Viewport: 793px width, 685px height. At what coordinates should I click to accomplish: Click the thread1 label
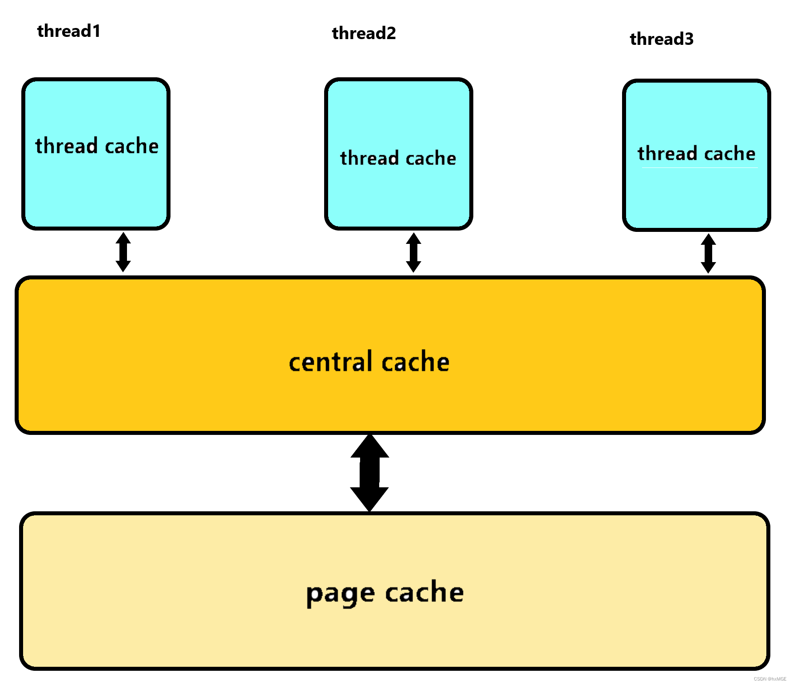click(x=69, y=31)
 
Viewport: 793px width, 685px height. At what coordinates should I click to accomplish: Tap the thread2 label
click(x=364, y=33)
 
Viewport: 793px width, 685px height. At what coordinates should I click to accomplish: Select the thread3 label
click(x=662, y=39)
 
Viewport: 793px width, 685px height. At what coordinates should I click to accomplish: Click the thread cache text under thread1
click(x=97, y=146)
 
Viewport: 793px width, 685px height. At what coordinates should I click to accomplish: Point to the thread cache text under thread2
click(x=398, y=158)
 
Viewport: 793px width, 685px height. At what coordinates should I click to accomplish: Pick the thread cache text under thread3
click(x=697, y=153)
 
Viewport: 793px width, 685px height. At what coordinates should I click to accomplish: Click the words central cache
click(x=369, y=361)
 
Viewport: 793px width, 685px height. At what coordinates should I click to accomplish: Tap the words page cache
click(x=385, y=593)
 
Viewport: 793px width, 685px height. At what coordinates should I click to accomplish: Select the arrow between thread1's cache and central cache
click(x=123, y=252)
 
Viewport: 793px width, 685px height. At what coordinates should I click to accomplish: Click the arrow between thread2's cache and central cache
click(x=413, y=252)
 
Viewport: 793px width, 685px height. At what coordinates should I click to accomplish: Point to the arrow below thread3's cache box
click(x=708, y=253)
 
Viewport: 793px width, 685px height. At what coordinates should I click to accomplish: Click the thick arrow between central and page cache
click(x=369, y=473)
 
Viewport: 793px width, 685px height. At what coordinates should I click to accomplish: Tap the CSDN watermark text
click(x=770, y=679)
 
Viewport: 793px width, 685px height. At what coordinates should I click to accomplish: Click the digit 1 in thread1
click(x=96, y=31)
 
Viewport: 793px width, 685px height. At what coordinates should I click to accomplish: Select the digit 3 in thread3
click(x=689, y=39)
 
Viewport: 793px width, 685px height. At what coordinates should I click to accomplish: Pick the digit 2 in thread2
click(x=391, y=33)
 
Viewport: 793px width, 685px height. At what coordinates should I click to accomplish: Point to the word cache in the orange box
click(x=416, y=361)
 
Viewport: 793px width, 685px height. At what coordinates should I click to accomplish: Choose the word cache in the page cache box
click(x=424, y=592)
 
